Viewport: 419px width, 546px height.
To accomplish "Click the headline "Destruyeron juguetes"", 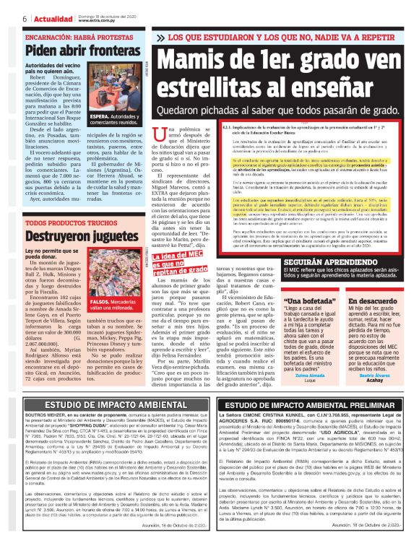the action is [80, 235].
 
